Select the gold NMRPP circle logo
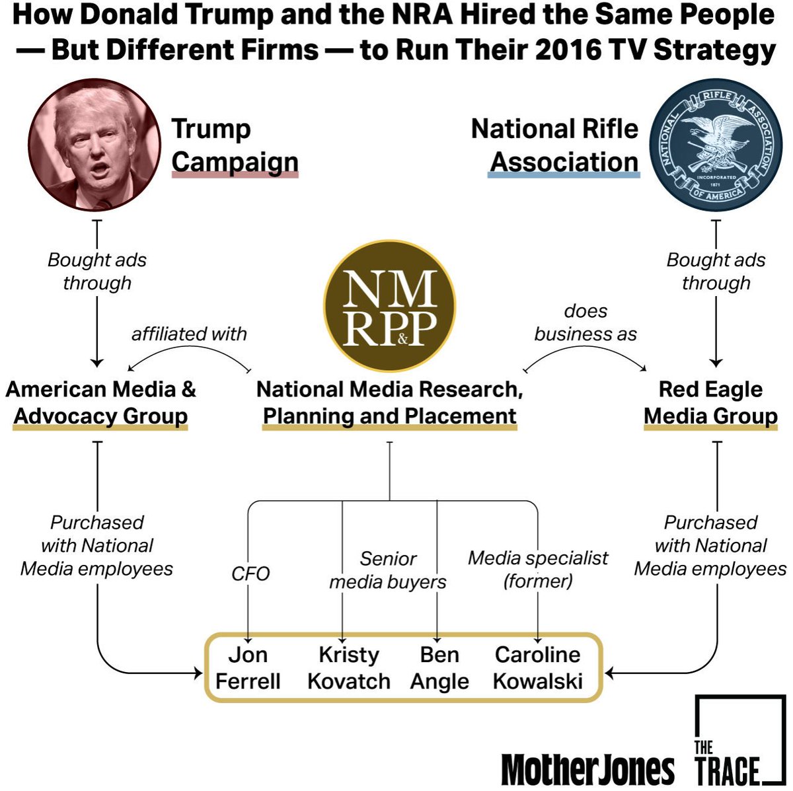click(389, 306)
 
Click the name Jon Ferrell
click(248, 667)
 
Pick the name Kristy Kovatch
click(349, 667)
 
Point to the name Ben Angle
click(439, 667)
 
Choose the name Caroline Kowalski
click(538, 667)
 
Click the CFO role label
click(250, 573)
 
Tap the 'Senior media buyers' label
click(388, 570)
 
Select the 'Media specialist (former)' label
click(538, 569)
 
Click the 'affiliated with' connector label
click(189, 334)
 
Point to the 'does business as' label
click(585, 322)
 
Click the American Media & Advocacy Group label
click(101, 402)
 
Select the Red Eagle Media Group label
click(710, 402)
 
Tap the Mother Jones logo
click(587, 769)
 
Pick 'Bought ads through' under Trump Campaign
click(97, 271)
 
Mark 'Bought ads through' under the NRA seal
click(716, 271)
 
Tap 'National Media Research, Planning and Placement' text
click(389, 402)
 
